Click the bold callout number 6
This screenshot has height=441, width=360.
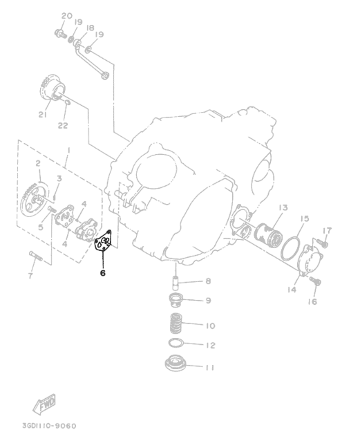[103, 272]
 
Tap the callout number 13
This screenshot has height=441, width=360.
[283, 207]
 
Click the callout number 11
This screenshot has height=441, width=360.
[209, 367]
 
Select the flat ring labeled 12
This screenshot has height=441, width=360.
[176, 343]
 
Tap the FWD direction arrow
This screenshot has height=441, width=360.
[44, 404]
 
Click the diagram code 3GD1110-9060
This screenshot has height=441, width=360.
[49, 426]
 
